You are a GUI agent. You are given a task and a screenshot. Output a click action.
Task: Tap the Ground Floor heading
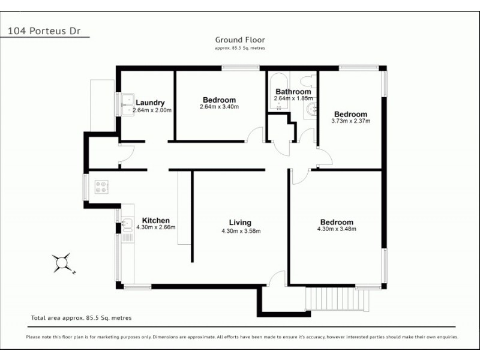(240, 40)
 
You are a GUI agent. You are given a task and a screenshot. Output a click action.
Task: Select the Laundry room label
(150, 103)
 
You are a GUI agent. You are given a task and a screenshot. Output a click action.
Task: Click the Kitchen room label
(155, 220)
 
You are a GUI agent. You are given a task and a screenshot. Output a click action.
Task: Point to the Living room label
(240, 222)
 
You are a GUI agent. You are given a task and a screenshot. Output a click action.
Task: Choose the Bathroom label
(293, 92)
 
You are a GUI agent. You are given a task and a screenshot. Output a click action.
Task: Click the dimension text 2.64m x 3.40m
(219, 107)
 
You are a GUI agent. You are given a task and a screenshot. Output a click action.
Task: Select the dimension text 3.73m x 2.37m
(350, 121)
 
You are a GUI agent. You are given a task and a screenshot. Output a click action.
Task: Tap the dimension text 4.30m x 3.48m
(336, 229)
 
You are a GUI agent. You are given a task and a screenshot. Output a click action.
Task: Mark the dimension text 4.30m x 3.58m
(241, 230)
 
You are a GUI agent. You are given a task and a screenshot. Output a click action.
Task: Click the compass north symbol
(62, 263)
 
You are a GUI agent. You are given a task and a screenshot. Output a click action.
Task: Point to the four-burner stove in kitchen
(101, 187)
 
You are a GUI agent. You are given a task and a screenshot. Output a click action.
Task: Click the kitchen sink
(127, 226)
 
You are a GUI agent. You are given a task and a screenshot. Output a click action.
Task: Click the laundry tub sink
(128, 104)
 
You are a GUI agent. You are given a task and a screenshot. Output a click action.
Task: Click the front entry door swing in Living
(277, 278)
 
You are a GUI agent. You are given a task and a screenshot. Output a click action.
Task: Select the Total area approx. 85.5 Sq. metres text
(81, 318)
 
